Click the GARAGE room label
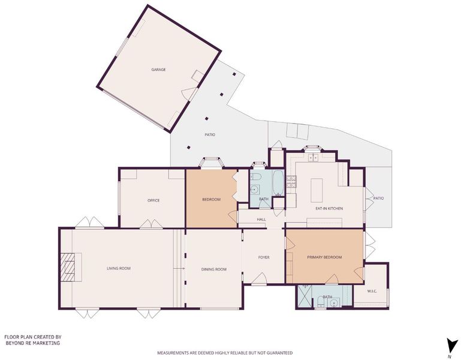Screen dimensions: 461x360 [158, 70]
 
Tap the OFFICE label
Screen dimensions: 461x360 [153, 200]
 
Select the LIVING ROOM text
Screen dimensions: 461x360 [119, 268]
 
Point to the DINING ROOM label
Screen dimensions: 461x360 [214, 269]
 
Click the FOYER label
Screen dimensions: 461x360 [264, 257]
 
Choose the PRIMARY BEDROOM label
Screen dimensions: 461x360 [324, 257]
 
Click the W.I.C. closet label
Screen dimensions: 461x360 [372, 291]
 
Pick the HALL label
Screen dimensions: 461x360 [261, 219]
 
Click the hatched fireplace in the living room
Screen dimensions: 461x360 [70, 267]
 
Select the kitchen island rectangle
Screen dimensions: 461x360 [317, 190]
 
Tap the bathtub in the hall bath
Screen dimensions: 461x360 [278, 182]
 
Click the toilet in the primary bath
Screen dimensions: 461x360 [321, 302]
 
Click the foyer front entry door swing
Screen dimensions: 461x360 [259, 278]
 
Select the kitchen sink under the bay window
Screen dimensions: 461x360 [312, 158]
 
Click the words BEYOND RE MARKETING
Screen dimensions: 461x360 [32, 343]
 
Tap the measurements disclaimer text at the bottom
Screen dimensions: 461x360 [225, 353]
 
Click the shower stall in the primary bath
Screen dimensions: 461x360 [305, 296]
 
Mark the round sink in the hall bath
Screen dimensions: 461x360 [255, 190]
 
